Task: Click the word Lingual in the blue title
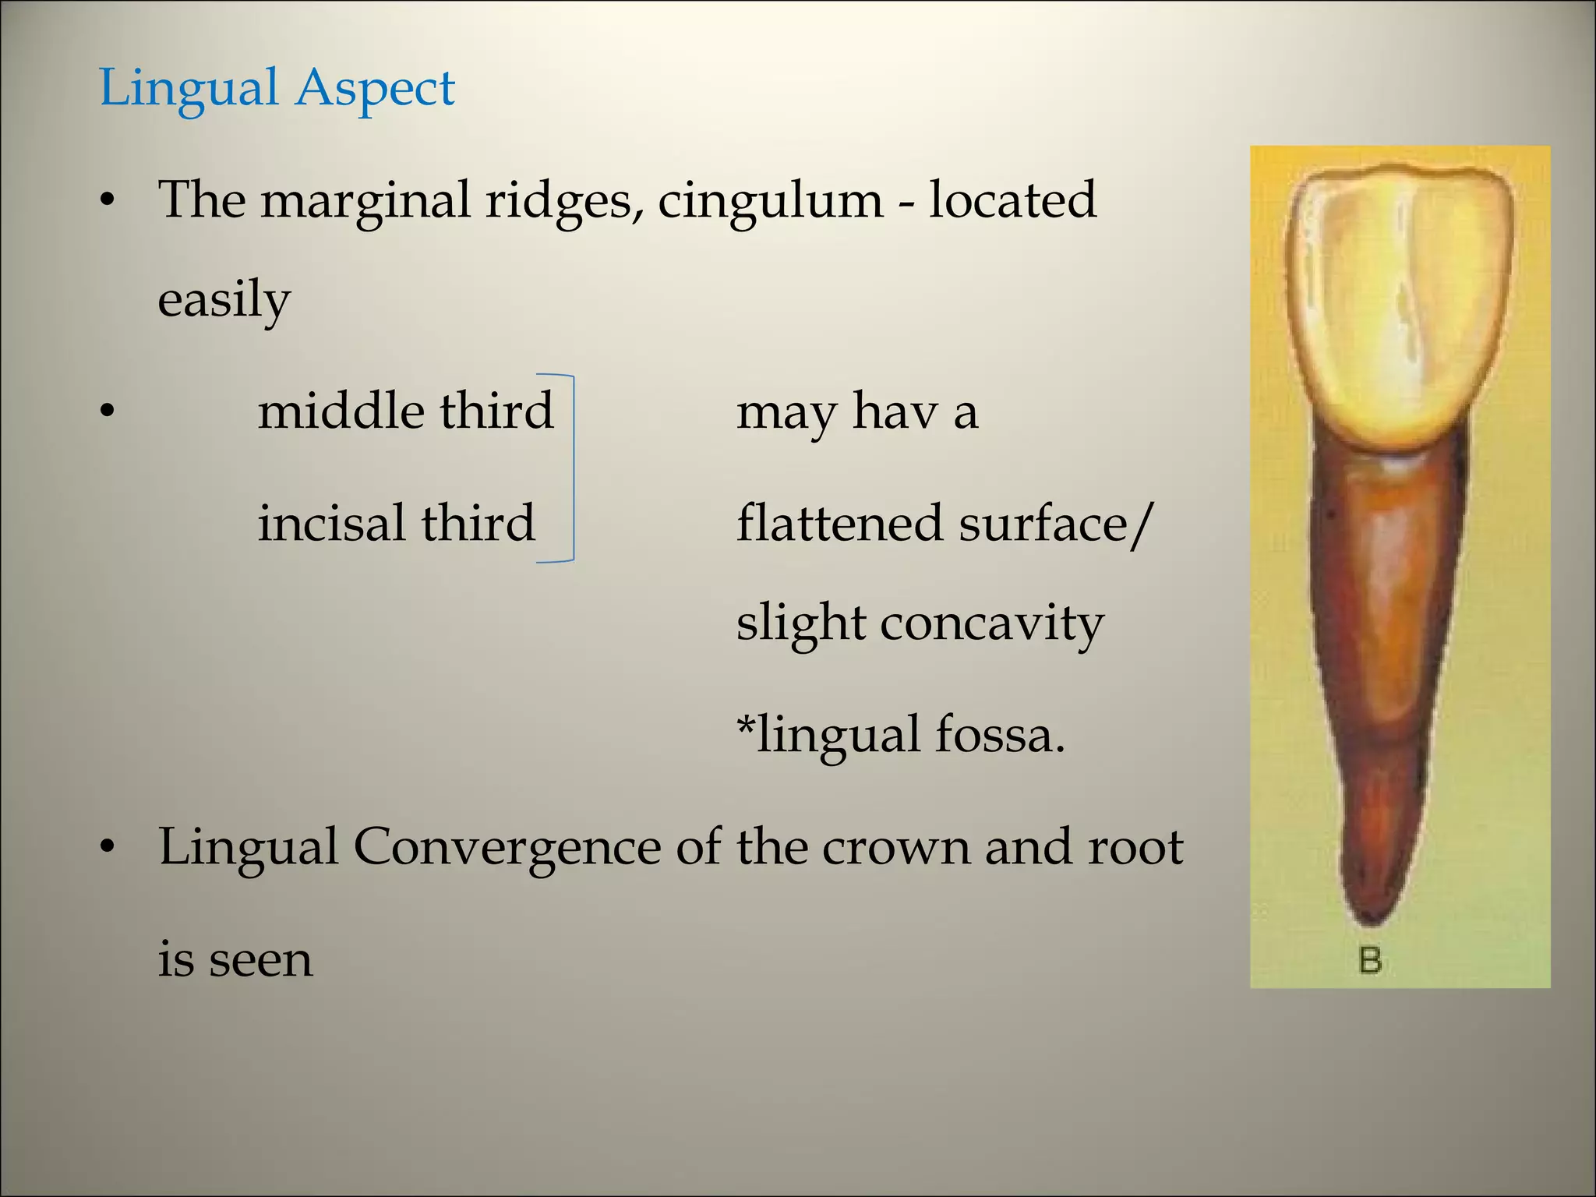coord(189,87)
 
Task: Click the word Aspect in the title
coord(376,87)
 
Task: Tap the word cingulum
coord(770,199)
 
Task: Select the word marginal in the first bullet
coord(365,199)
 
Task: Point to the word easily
coord(224,299)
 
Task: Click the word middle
coord(341,411)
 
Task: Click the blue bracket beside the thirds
coord(572,468)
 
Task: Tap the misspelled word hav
coord(895,411)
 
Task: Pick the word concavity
coord(991,623)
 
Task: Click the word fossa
coord(999,734)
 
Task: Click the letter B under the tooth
coord(1369,960)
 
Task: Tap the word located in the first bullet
coord(1012,199)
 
